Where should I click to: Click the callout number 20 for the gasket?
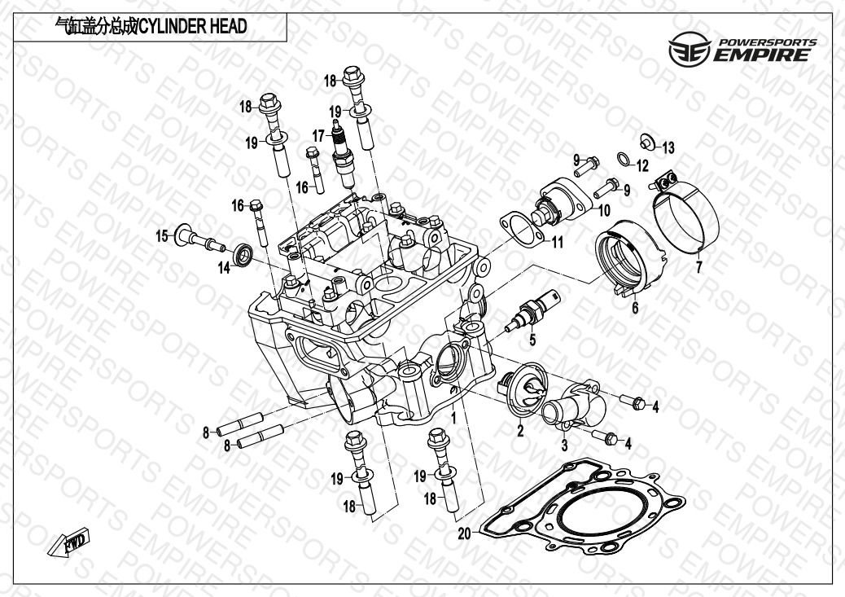tap(465, 533)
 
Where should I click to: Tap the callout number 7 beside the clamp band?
tap(697, 267)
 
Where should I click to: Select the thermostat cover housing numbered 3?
tap(573, 398)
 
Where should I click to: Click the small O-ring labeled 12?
tap(624, 159)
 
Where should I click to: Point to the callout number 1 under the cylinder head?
tap(443, 416)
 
